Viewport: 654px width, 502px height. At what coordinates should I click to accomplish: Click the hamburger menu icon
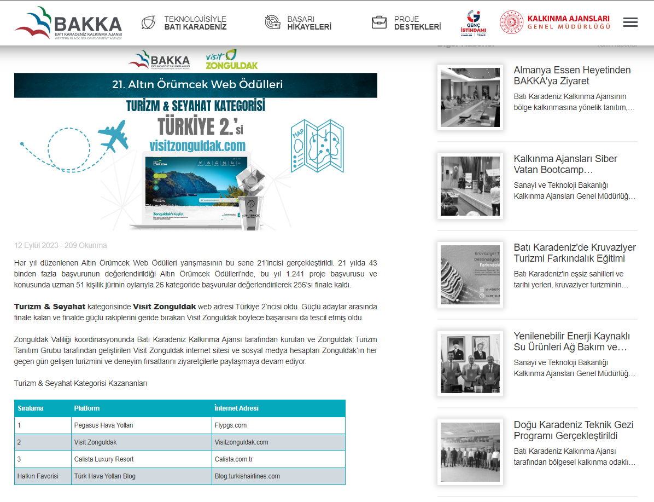pyautogui.click(x=630, y=22)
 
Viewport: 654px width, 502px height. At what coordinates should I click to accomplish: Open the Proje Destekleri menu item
pyautogui.click(x=417, y=22)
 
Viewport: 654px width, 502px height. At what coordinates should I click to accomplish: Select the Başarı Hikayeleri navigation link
pyautogui.click(x=309, y=22)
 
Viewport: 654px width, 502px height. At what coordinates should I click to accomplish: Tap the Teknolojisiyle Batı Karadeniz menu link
pyautogui.click(x=195, y=22)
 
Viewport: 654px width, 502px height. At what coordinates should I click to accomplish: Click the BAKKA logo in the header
pyautogui.click(x=68, y=23)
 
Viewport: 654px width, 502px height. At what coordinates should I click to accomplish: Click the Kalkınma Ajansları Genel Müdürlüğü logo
pyautogui.click(x=555, y=22)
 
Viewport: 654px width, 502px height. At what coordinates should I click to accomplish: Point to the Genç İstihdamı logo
pyautogui.click(x=473, y=23)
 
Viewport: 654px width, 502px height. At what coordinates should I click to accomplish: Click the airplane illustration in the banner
pyautogui.click(x=113, y=134)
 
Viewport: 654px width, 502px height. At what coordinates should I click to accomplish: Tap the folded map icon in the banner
pyautogui.click(x=317, y=145)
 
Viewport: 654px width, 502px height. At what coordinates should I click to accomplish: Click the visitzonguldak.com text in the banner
pyautogui.click(x=197, y=146)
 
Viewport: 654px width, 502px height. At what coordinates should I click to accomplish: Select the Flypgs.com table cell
pyautogui.click(x=231, y=425)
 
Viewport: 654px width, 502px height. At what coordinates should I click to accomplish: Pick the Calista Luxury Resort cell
pyautogui.click(x=104, y=459)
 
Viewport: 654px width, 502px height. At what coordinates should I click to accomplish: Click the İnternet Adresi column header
pyautogui.click(x=236, y=408)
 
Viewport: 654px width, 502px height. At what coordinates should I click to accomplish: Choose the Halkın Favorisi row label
pyautogui.click(x=38, y=476)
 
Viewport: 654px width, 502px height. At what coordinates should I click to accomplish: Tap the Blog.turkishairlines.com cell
pyautogui.click(x=247, y=476)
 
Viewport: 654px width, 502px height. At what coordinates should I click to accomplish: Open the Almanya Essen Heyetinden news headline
pyautogui.click(x=572, y=76)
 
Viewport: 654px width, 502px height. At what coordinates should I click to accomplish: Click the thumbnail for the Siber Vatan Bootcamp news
pyautogui.click(x=470, y=186)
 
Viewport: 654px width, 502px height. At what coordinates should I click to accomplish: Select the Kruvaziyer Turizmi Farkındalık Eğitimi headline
pyautogui.click(x=575, y=253)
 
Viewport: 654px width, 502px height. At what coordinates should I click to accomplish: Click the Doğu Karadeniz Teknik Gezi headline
pyautogui.click(x=573, y=430)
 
